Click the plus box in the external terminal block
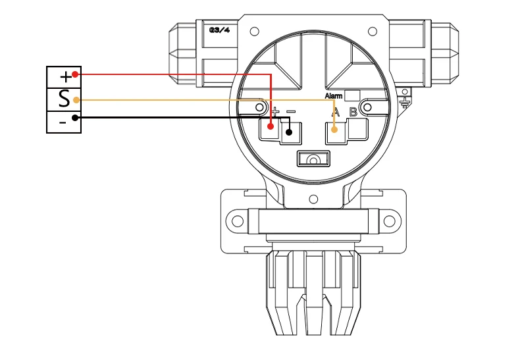pyautogui.click(x=64, y=76)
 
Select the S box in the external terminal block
pyautogui.click(x=64, y=99)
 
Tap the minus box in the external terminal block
pyautogui.click(x=64, y=122)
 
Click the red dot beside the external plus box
pyautogui.click(x=76, y=74)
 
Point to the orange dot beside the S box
pyautogui.click(x=76, y=100)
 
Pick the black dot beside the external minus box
pyautogui.click(x=76, y=118)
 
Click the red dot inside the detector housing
pyautogui.click(x=271, y=126)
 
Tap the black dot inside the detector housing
pyautogui.click(x=288, y=132)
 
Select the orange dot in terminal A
pyautogui.click(x=335, y=130)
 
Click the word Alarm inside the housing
pyautogui.click(x=334, y=96)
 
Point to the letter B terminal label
pyautogui.click(x=353, y=111)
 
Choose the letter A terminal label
pyautogui.click(x=336, y=111)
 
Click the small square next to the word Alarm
pyautogui.click(x=351, y=95)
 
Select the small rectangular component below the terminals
pyautogui.click(x=313, y=159)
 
